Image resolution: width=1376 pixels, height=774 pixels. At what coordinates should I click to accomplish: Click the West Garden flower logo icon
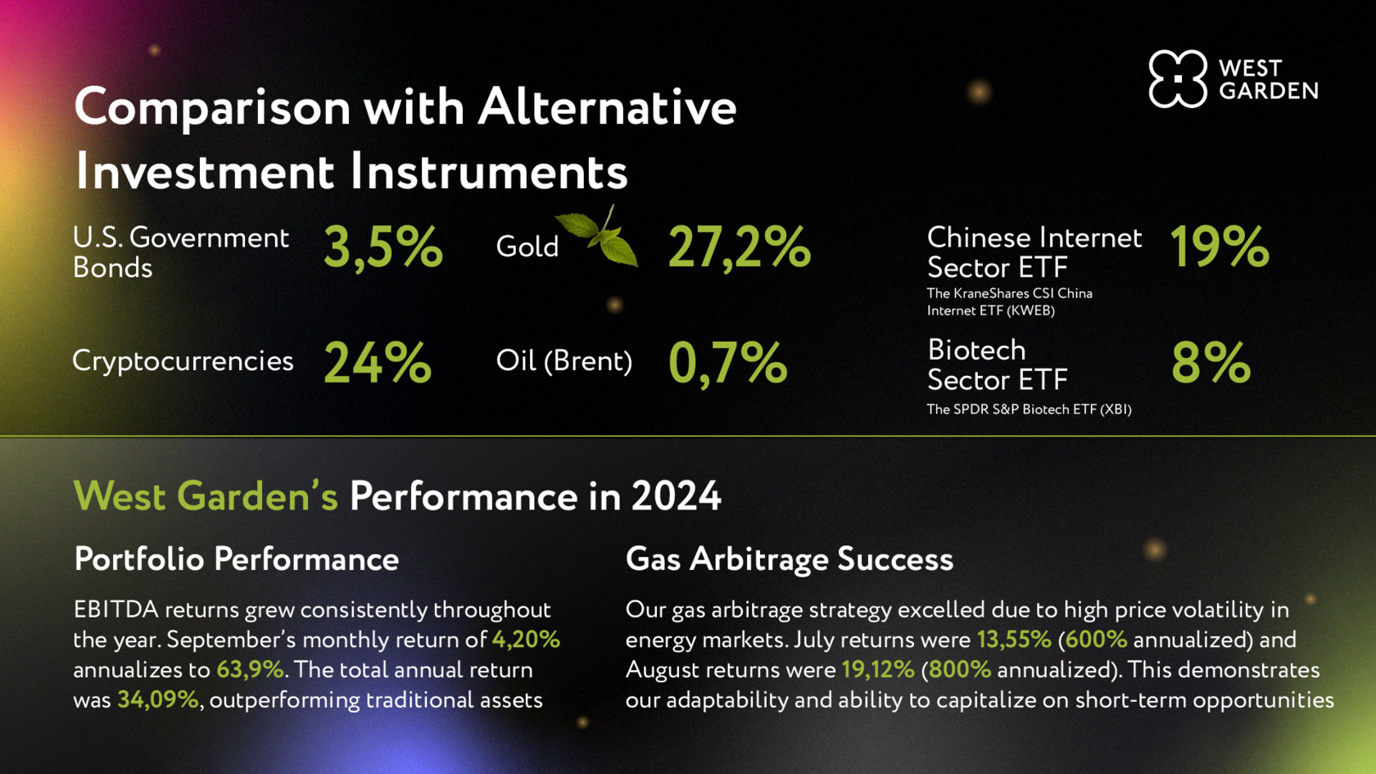click(x=1178, y=79)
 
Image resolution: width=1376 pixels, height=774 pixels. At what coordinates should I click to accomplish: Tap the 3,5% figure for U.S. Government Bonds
click(x=382, y=247)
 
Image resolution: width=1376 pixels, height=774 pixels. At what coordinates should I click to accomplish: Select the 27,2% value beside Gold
click(x=740, y=247)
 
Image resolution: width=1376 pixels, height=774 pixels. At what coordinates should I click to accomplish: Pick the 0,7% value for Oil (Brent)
click(x=728, y=364)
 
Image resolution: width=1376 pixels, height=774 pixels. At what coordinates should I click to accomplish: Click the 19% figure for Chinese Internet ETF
click(x=1220, y=247)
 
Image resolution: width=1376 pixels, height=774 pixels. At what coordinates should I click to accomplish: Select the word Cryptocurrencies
click(x=183, y=361)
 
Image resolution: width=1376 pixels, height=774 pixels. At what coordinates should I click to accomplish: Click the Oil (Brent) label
click(x=564, y=360)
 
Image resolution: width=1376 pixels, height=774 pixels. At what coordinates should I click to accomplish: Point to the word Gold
click(x=527, y=247)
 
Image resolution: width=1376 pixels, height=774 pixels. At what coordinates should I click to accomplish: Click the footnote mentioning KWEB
click(x=1010, y=301)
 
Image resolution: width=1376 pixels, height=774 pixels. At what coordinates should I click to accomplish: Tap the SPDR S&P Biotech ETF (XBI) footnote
click(x=1029, y=410)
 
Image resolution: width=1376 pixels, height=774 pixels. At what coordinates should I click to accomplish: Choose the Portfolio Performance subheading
click(x=237, y=559)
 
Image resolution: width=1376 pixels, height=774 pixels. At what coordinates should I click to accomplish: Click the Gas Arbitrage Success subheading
click(x=790, y=559)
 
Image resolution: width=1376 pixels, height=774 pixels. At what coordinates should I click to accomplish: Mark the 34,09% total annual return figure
click(x=158, y=699)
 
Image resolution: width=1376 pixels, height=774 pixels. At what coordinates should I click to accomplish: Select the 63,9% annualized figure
click(x=250, y=670)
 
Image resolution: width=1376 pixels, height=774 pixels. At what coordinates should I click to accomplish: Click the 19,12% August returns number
click(x=878, y=670)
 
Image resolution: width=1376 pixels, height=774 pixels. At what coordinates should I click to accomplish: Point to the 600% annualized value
click(x=1096, y=640)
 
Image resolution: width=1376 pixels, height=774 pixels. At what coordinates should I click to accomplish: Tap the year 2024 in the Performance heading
click(x=676, y=496)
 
